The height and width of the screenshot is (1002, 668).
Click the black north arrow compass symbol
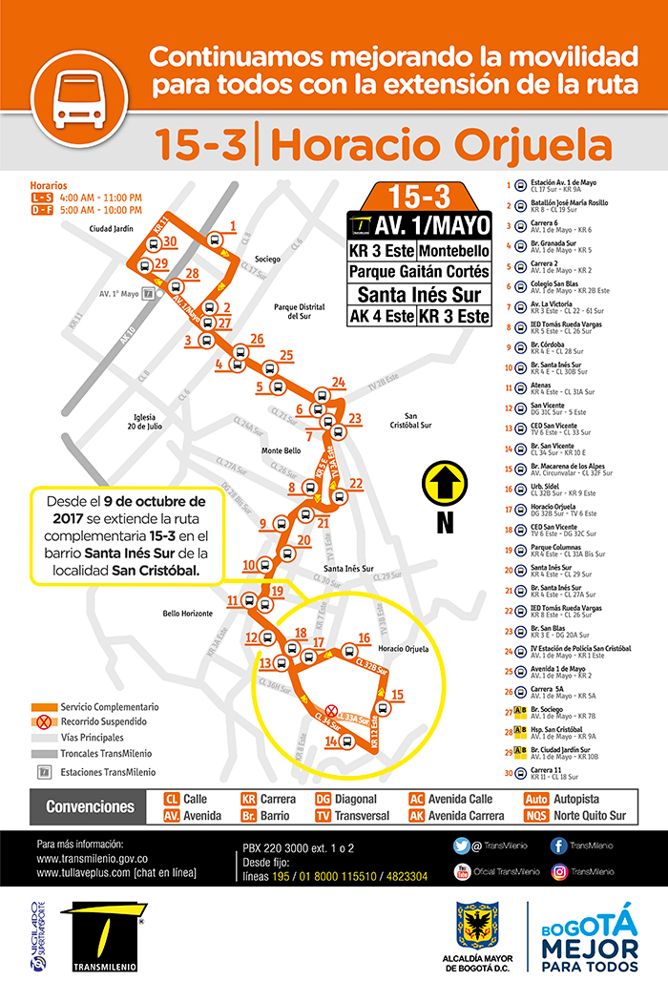coord(444,484)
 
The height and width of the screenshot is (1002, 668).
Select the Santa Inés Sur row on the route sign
coord(419,294)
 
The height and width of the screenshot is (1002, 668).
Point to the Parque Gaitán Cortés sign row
coord(419,272)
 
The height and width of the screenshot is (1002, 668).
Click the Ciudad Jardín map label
coord(113,229)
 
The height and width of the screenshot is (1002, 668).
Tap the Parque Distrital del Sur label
coord(300,312)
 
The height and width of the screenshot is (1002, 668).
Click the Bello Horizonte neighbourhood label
coord(187,613)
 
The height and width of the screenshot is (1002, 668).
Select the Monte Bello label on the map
coord(282,450)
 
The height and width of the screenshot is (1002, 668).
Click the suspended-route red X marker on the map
coord(330,710)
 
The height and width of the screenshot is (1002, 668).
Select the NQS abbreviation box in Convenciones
coord(537,816)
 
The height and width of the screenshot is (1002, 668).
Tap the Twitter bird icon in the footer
coord(462,845)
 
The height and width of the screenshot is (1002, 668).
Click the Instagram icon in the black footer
coord(558,871)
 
